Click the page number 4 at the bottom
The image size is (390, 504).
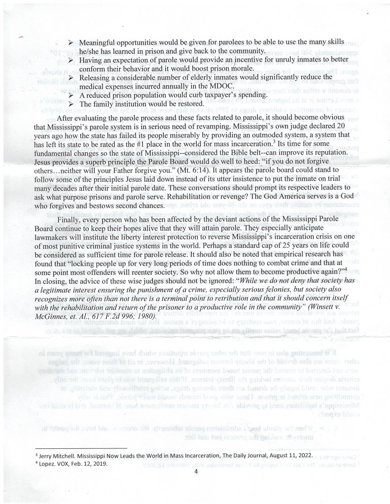(196, 471)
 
